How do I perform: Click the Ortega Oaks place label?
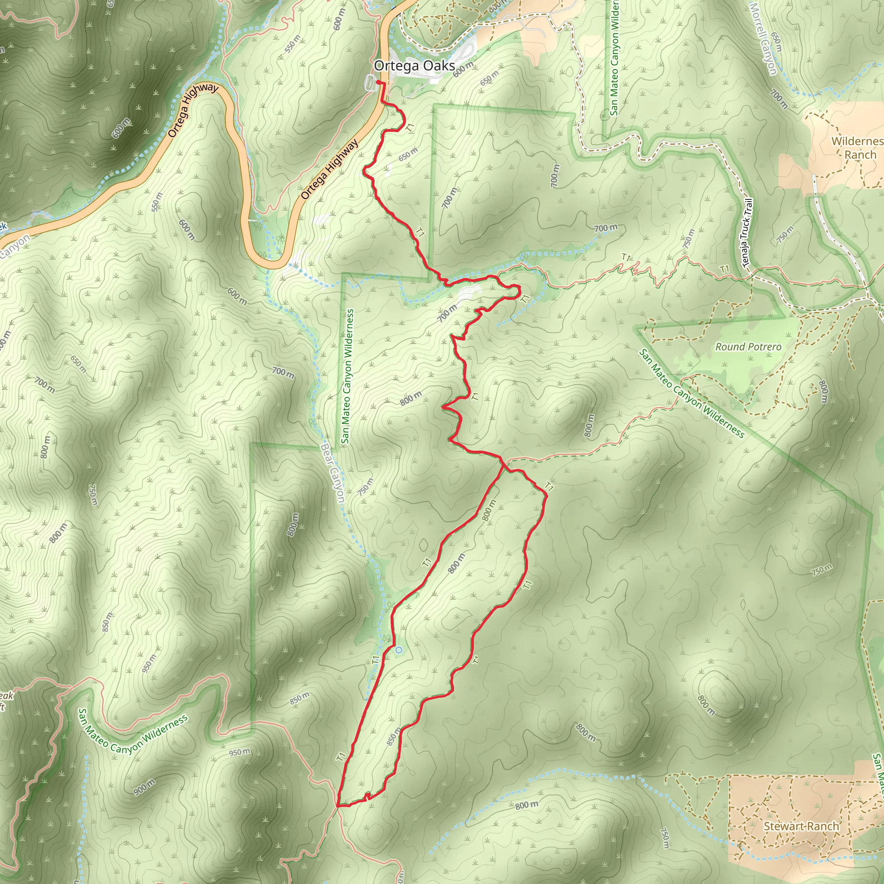point(414,66)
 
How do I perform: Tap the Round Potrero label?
point(748,347)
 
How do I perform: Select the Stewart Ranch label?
point(801,813)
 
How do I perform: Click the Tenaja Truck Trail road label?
point(746,233)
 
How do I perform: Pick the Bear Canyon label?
point(333,473)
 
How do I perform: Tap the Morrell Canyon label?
point(764,38)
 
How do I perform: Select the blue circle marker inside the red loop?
point(398,650)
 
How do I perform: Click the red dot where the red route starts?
point(378,82)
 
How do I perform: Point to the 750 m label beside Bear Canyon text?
point(366,487)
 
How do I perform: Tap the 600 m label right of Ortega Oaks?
point(463,69)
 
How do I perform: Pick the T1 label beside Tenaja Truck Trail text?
point(724,269)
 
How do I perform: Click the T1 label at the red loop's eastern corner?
point(549,487)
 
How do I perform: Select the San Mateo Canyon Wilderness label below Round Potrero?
point(691,394)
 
